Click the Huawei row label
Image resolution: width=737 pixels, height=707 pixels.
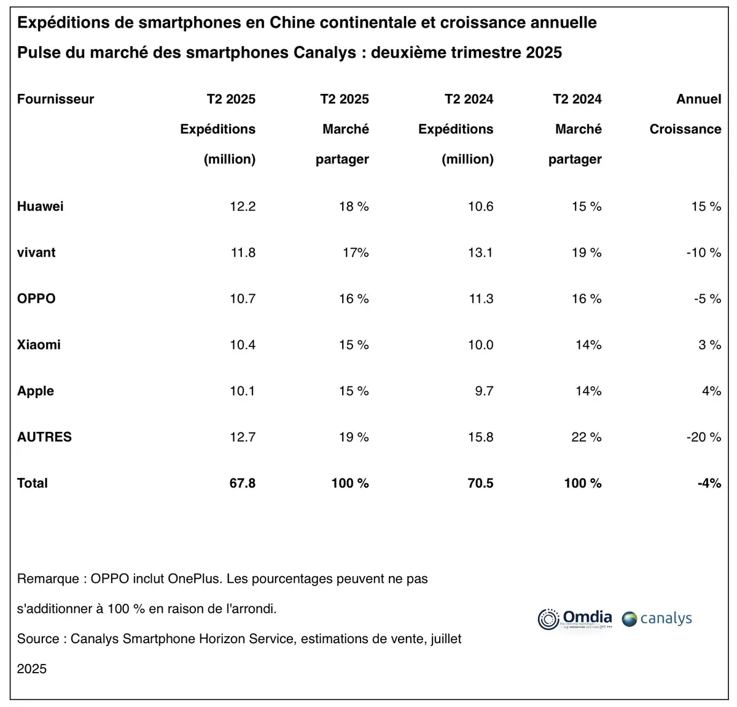tap(41, 206)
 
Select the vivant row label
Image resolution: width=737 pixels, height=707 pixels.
tap(36, 252)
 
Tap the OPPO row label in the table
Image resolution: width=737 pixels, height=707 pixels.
tap(36, 299)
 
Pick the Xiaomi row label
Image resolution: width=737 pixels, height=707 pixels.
tap(39, 345)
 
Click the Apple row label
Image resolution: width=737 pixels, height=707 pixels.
tap(36, 391)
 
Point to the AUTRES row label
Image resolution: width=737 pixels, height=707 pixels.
tap(44, 437)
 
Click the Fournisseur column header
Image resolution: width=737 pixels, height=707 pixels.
tap(55, 99)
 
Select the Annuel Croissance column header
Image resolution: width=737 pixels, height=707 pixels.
tap(685, 114)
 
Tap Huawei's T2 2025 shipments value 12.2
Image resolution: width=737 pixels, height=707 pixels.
tap(243, 206)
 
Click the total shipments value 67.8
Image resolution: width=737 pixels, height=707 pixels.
tap(243, 483)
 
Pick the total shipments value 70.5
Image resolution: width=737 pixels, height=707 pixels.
tap(480, 483)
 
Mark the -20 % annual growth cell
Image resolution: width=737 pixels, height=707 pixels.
tap(703, 437)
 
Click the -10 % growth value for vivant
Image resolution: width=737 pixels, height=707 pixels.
tap(703, 252)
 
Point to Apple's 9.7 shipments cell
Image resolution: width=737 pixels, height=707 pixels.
tap(484, 391)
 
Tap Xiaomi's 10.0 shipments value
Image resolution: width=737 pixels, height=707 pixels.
tap(480, 345)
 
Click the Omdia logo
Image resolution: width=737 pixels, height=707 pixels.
tap(575, 619)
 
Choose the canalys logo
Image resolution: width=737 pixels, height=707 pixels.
tap(657, 619)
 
